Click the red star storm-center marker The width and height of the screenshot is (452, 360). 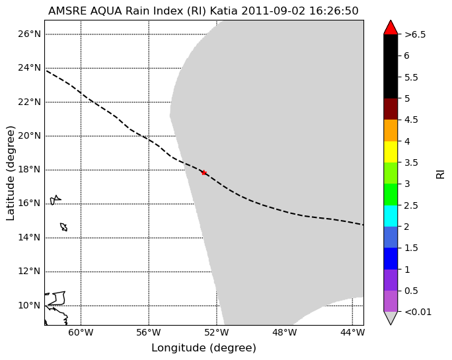point(204,172)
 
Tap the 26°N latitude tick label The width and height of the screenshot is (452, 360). point(29,34)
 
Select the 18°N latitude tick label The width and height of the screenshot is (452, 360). point(29,170)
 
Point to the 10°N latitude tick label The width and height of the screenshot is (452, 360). point(29,305)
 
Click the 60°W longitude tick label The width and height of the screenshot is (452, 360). point(81,333)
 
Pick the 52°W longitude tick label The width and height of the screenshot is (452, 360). point(217,333)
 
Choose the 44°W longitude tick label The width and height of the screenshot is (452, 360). point(352,333)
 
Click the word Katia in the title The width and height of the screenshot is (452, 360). point(224,11)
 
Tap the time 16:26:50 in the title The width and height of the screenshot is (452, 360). point(334,11)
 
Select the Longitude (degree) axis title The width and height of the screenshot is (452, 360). point(204,348)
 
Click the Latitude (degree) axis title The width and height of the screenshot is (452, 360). point(11,173)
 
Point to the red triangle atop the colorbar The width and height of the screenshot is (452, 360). point(391,27)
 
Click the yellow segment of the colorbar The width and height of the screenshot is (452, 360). point(391,152)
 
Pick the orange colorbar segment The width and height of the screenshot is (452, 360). point(391,131)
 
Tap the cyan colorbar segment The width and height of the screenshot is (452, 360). point(391,216)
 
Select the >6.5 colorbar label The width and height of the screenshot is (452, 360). point(415,34)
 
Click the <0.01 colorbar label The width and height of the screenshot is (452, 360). point(418,312)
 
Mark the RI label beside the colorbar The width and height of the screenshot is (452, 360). point(440,174)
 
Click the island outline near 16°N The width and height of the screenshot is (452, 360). point(56,199)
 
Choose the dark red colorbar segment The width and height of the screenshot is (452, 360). point(391,109)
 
